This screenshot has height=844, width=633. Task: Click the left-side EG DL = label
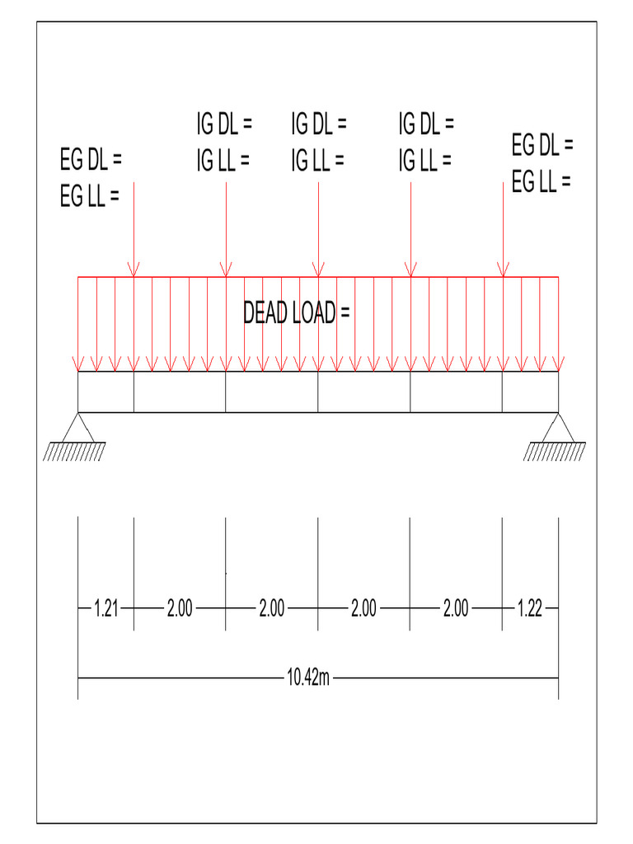click(x=91, y=157)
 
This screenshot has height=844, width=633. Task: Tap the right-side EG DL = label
click(x=542, y=146)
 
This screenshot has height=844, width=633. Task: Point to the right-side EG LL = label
click(x=541, y=182)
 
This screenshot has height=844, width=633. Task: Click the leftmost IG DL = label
click(x=223, y=125)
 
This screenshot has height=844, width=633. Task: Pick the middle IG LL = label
click(x=316, y=161)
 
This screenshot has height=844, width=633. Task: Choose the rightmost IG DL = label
click(x=426, y=125)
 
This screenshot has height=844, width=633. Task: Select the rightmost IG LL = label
click(x=424, y=161)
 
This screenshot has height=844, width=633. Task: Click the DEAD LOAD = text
click(x=297, y=313)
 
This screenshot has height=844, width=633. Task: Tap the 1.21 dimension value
click(x=106, y=609)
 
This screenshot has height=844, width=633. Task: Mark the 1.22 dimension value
click(x=530, y=609)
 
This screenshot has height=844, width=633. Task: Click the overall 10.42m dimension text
click(x=307, y=678)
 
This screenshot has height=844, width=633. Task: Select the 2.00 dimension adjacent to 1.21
click(x=180, y=609)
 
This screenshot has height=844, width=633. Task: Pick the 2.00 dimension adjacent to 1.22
click(x=456, y=609)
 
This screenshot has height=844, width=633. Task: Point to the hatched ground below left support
click(x=74, y=451)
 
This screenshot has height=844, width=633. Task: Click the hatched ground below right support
click(x=556, y=451)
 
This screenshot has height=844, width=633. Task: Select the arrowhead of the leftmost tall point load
click(x=134, y=270)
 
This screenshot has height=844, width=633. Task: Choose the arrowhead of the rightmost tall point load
click(x=503, y=270)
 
